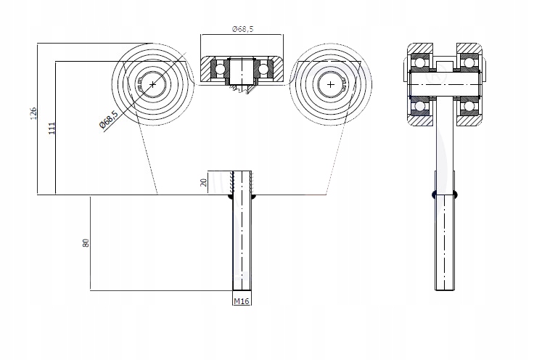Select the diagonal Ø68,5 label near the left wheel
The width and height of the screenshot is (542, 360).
[107, 119]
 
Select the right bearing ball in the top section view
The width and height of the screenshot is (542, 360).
[264, 69]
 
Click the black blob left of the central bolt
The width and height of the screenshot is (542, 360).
[231, 195]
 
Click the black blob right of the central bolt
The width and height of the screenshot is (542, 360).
[253, 195]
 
